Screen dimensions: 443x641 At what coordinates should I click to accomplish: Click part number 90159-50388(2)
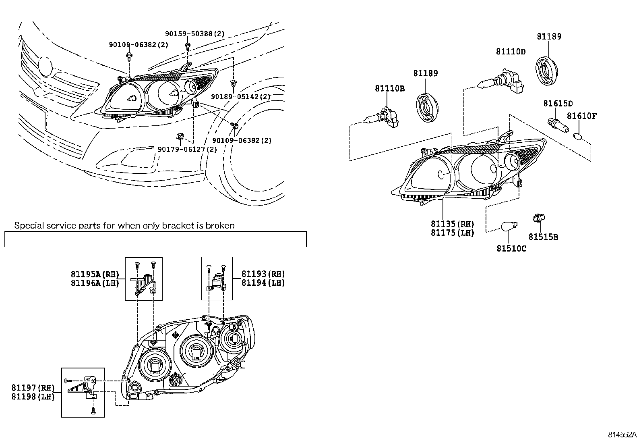195,34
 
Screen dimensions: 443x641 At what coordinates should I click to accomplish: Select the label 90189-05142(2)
241,97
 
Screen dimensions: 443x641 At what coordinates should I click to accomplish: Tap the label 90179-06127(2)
187,149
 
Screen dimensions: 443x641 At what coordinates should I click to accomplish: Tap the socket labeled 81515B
538,218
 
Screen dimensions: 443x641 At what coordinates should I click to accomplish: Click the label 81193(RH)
263,274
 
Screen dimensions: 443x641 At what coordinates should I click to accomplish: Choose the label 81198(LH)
33,396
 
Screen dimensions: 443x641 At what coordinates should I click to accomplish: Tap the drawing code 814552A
622,435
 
